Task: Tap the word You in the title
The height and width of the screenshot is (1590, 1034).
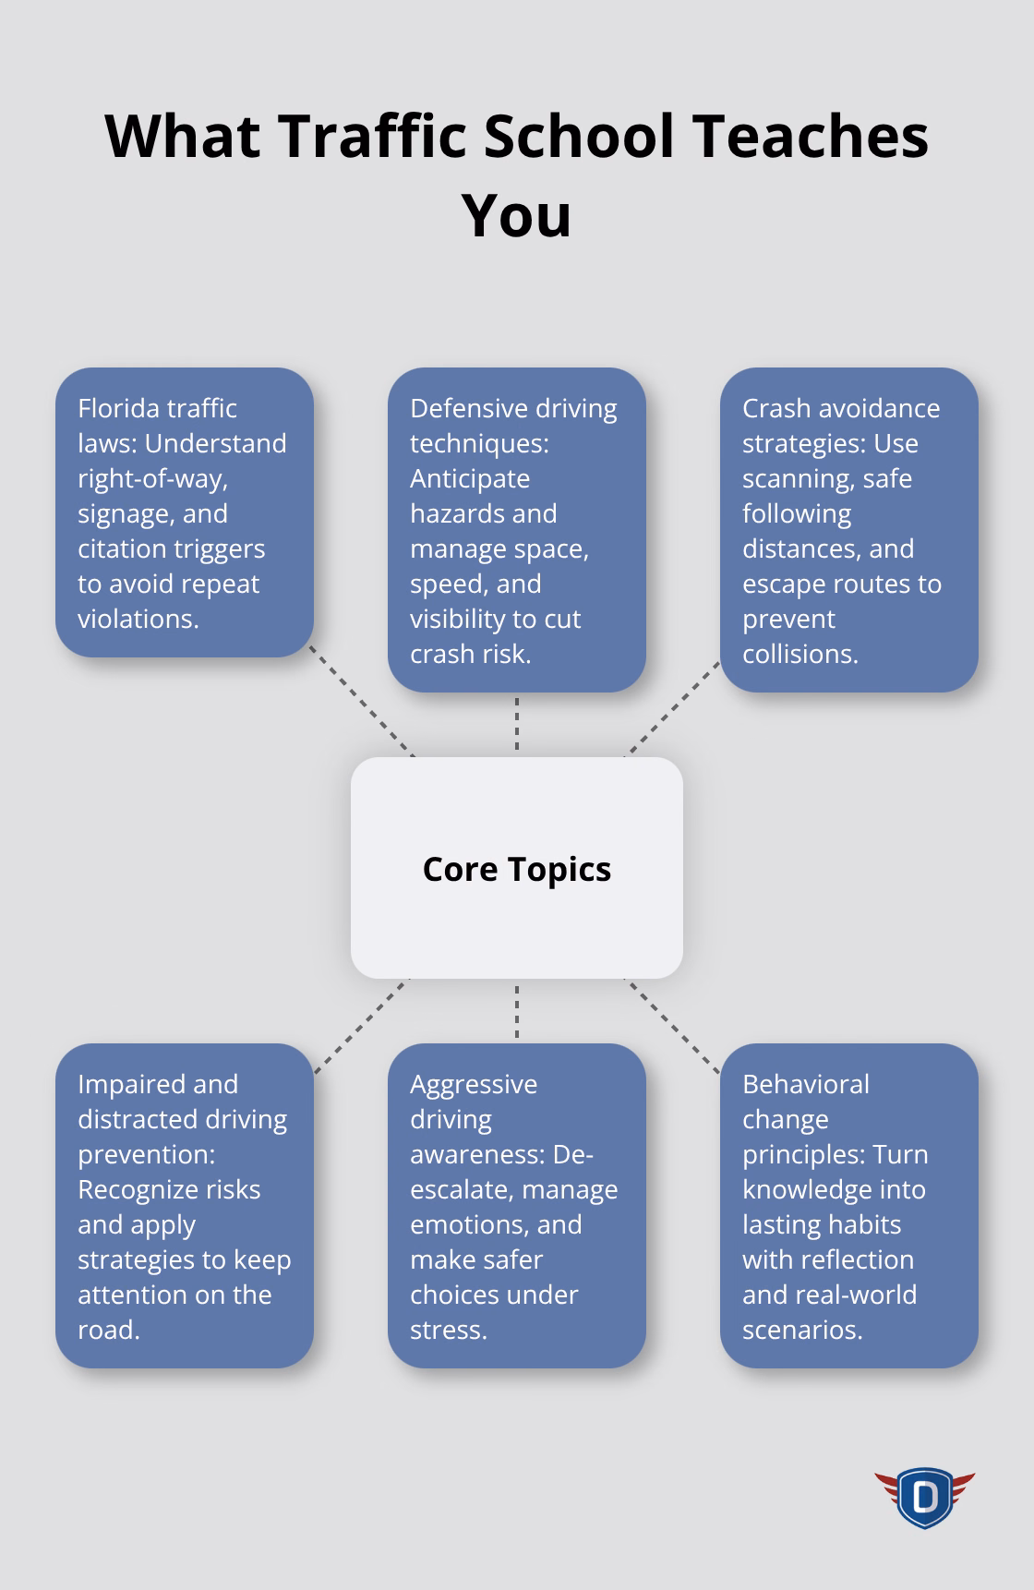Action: tap(516, 215)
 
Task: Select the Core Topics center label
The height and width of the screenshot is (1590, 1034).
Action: tap(516, 869)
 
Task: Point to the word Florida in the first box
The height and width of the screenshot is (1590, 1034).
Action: tap(115, 408)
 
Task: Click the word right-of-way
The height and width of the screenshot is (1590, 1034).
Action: tap(152, 478)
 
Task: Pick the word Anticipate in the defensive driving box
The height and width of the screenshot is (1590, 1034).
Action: tap(470, 478)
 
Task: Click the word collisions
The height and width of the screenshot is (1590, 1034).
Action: tap(800, 654)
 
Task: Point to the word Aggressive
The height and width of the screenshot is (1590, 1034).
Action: tap(474, 1084)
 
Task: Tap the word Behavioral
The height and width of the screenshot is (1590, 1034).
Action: tap(806, 1084)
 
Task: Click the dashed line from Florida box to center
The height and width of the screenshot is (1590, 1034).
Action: tap(362, 701)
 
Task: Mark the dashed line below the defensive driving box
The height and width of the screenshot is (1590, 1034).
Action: tap(517, 724)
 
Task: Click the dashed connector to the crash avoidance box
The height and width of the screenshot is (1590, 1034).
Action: tap(672, 708)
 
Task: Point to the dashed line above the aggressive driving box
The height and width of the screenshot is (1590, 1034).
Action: tap(517, 1011)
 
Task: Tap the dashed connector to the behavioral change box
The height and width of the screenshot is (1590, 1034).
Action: tap(672, 1026)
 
